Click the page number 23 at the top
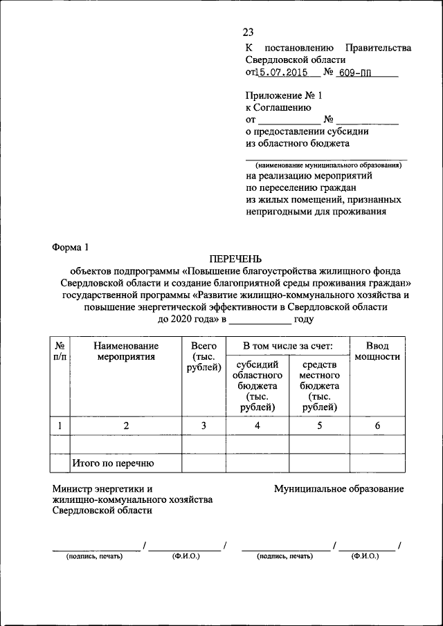pyautogui.click(x=248, y=32)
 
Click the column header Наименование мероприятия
pyautogui.click(x=126, y=351)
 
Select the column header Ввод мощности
pyautogui.click(x=377, y=351)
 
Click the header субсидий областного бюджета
pyautogui.click(x=257, y=386)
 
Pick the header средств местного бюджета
pyautogui.click(x=319, y=386)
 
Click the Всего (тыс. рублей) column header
pyautogui.click(x=204, y=357)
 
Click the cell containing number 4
pyautogui.click(x=257, y=426)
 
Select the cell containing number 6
pyautogui.click(x=377, y=426)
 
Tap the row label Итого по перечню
pyautogui.click(x=113, y=463)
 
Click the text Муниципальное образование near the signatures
pyautogui.click(x=338, y=488)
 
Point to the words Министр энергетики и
pyautogui.click(x=102, y=488)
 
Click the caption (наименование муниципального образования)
pyautogui.click(x=327, y=165)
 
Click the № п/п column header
pyautogui.click(x=60, y=351)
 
